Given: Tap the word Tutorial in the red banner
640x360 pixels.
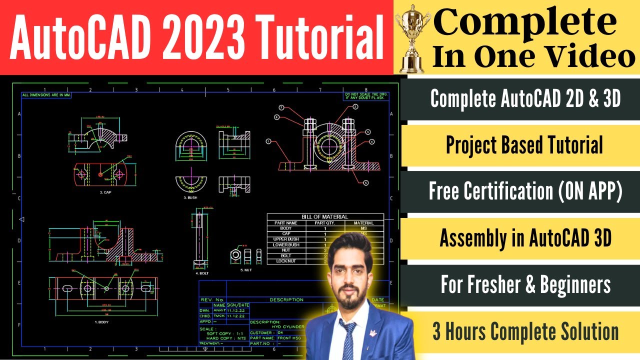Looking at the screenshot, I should pos(320,36).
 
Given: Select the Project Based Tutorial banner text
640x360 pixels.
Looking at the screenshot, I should pos(524,145).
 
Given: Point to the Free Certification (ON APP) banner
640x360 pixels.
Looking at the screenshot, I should pos(525,191).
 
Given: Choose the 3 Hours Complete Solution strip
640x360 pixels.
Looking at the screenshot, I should pos(525,331).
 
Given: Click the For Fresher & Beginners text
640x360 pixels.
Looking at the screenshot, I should pos(525,285).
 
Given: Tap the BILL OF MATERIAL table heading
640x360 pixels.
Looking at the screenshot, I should pos(325,217).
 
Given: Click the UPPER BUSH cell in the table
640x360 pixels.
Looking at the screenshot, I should pos(286,239).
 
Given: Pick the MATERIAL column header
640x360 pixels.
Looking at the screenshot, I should pos(363,223).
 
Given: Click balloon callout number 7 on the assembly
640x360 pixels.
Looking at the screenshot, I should pos(281,108).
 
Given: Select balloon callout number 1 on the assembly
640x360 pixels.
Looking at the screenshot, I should pos(268,141).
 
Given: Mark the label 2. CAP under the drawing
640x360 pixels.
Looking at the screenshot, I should pos(106,192).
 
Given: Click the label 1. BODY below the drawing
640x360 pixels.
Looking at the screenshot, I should pos(102,322).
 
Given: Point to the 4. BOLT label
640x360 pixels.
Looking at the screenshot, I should pos(201,273).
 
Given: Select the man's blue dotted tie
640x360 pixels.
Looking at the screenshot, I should pos(348,340).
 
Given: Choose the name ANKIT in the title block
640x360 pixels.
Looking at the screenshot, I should pos(219,310).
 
